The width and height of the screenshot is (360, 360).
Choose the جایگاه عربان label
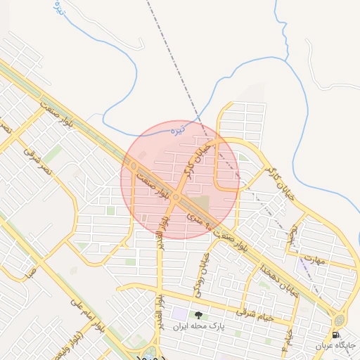(337, 345)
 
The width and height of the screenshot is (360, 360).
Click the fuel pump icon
(336, 334)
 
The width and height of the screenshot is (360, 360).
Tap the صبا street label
(30, 272)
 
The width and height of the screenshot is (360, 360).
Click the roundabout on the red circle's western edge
(133, 165)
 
